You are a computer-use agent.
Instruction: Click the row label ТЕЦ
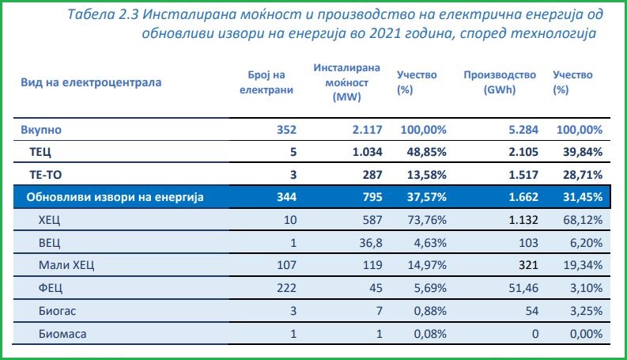40,151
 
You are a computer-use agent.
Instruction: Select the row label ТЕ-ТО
45,174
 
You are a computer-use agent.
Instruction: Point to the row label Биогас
57,312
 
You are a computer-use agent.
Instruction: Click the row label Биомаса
62,335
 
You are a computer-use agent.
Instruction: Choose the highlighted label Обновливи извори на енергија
116,197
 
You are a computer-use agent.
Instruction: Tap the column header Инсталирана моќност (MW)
347,82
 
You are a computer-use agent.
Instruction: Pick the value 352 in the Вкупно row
281,129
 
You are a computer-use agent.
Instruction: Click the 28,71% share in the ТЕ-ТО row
580,174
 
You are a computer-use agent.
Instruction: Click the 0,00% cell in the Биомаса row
584,335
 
